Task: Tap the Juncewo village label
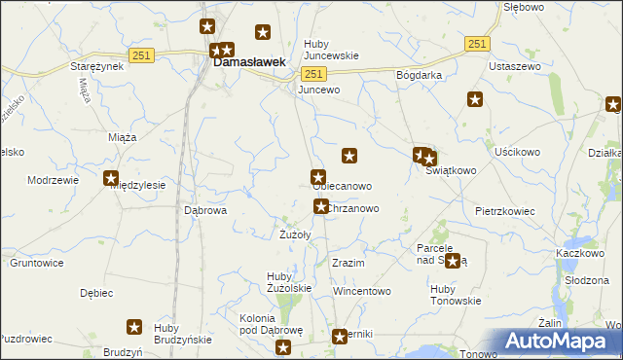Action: (318, 90)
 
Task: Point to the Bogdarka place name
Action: (420, 75)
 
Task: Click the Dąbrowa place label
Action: (205, 209)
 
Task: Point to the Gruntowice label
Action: (37, 263)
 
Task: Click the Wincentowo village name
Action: (361, 291)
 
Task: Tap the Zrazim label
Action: (348, 264)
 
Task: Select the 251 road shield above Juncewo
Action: (312, 74)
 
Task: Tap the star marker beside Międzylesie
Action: (111, 178)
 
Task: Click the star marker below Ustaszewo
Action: (475, 98)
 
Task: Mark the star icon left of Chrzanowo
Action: (320, 206)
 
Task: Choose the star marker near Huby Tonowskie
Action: (453, 261)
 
